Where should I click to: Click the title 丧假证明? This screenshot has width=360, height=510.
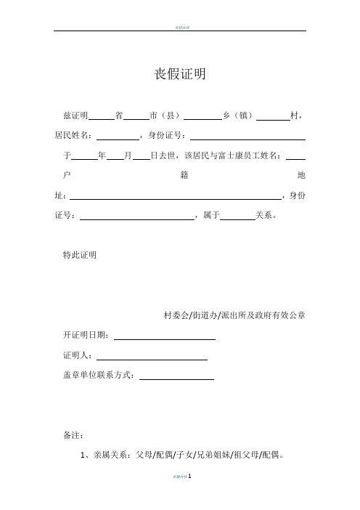[x=180, y=74]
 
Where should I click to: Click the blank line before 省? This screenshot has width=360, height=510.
[x=102, y=116]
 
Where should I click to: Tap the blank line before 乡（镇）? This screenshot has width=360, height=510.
[x=202, y=116]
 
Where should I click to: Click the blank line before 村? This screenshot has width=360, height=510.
[x=273, y=116]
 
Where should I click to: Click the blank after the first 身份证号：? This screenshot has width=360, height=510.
[x=247, y=136]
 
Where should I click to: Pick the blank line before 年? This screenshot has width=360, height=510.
[x=85, y=156]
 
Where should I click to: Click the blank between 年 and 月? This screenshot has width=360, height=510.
[x=115, y=156]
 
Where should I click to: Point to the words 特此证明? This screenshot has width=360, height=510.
[x=81, y=256]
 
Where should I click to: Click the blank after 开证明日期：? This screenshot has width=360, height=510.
[x=165, y=336]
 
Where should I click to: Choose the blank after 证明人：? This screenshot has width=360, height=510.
[x=152, y=357]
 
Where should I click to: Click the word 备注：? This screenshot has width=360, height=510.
[x=74, y=437]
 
